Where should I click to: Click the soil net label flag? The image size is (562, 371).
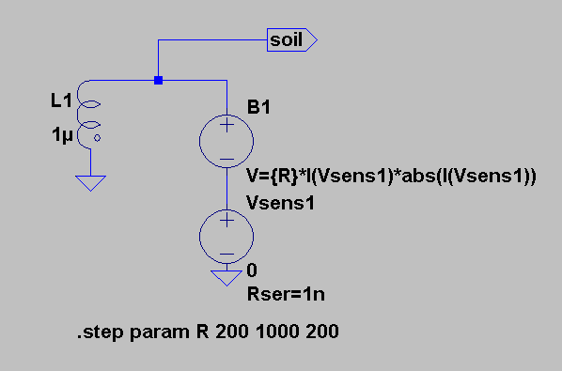point(291,39)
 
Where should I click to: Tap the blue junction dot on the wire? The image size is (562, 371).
point(158,80)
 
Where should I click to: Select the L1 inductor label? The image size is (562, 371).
point(62,100)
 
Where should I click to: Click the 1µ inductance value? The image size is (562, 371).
point(62,135)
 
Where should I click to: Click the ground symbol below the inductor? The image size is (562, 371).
point(90,182)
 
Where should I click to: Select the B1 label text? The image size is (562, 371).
point(258,107)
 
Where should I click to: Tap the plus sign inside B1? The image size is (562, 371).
point(226,125)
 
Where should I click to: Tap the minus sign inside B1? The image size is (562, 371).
point(226,159)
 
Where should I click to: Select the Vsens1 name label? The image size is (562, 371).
point(280,203)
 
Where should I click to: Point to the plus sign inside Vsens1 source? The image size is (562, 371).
point(226,220)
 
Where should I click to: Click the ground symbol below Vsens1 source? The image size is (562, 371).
point(226,278)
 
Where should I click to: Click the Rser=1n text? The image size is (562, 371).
point(286,294)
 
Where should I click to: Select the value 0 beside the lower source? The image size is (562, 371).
point(252,271)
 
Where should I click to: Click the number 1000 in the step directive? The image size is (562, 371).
point(277,332)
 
